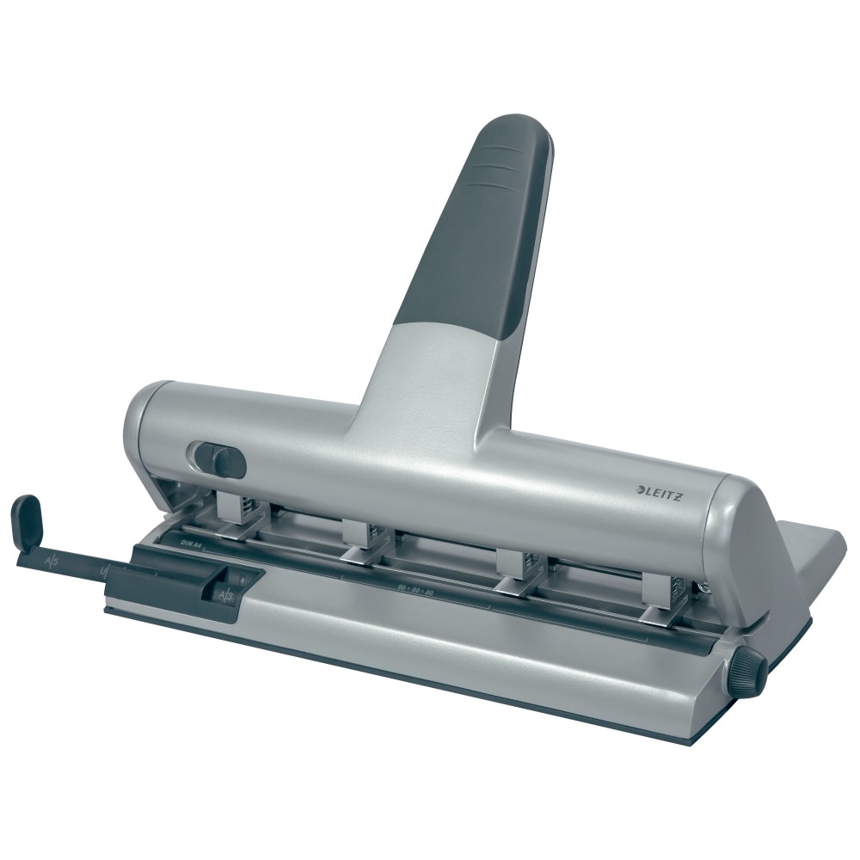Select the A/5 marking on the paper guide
pos(52,564)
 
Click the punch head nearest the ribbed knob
pos(663,597)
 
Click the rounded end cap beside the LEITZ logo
pos(740,533)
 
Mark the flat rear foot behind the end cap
pos(817,550)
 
